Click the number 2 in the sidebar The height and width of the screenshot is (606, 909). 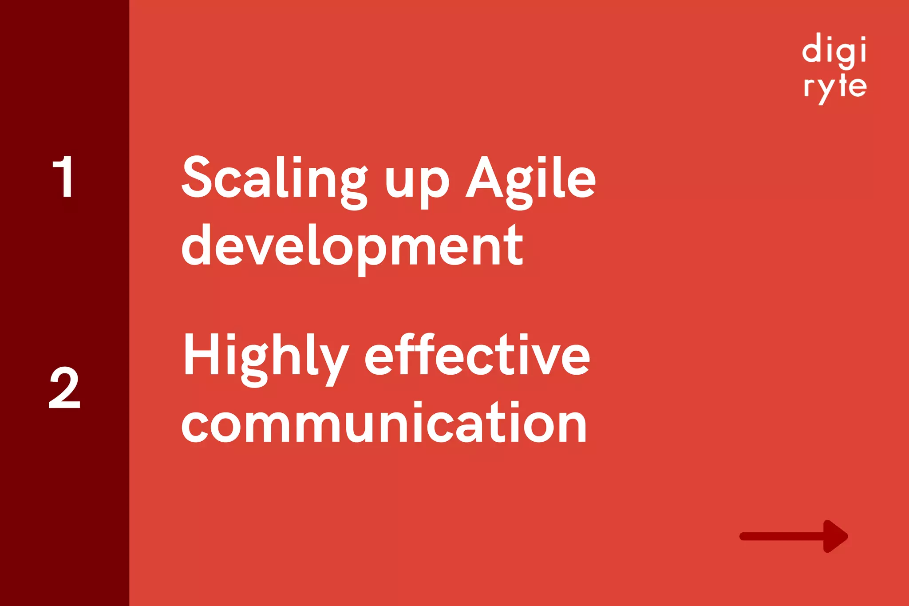coord(64,388)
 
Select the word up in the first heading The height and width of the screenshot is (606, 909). coord(417,182)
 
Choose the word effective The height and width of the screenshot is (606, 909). coord(477,355)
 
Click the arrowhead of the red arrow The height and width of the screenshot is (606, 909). coord(834,536)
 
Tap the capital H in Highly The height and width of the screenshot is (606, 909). coord(199,354)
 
